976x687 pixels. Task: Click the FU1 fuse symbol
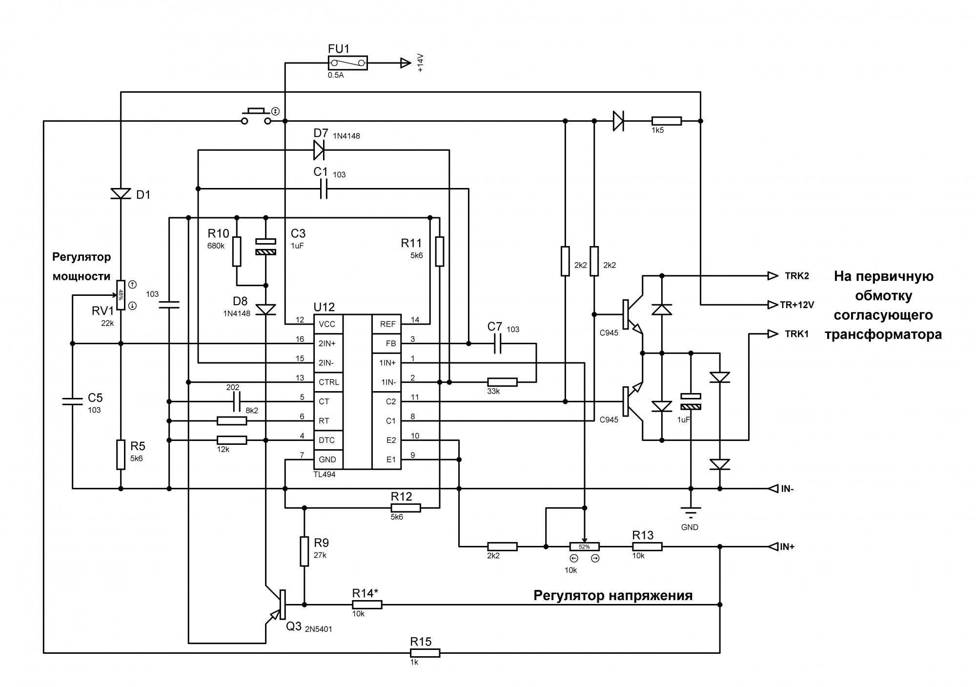point(347,62)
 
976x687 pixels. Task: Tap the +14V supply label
point(420,62)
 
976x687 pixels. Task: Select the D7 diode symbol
point(319,150)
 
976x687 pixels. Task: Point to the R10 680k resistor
point(237,251)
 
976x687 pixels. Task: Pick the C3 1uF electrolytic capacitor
point(266,247)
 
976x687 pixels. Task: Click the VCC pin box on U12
point(327,324)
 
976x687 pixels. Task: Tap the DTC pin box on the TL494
point(327,440)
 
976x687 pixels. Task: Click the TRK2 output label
point(796,276)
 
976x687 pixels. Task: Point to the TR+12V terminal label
point(797,305)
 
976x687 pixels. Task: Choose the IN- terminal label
point(787,488)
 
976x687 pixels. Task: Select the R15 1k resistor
point(425,653)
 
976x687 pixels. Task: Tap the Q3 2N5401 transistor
point(278,605)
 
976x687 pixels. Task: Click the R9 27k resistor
point(304,551)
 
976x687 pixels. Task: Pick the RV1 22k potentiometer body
point(121,295)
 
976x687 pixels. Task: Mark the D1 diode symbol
point(121,194)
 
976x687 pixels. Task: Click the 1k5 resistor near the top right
point(667,121)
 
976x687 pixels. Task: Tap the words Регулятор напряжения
point(612,595)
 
